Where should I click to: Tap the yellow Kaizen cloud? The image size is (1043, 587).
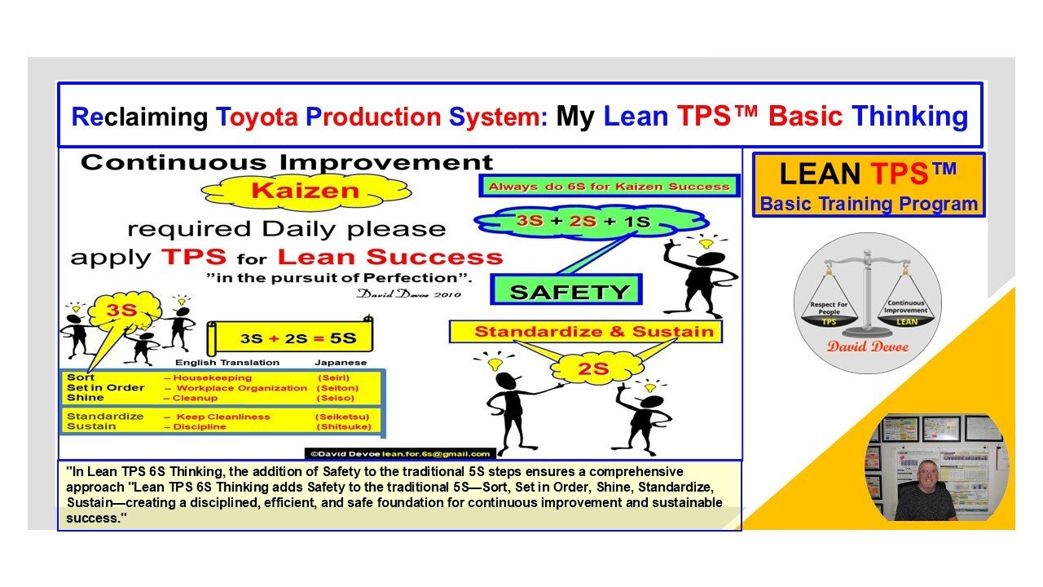tap(282, 192)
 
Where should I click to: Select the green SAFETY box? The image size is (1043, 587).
tap(570, 291)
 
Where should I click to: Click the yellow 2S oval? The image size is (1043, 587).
tap(593, 369)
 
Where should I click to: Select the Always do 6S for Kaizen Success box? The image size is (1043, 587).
tap(609, 187)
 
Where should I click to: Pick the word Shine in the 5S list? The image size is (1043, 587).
tap(86, 398)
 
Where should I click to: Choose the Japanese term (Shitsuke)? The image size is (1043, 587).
tap(343, 426)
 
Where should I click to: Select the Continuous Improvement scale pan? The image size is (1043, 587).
tap(906, 314)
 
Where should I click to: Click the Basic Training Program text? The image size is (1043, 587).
tap(869, 204)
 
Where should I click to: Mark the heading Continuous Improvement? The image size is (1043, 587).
tap(287, 162)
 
